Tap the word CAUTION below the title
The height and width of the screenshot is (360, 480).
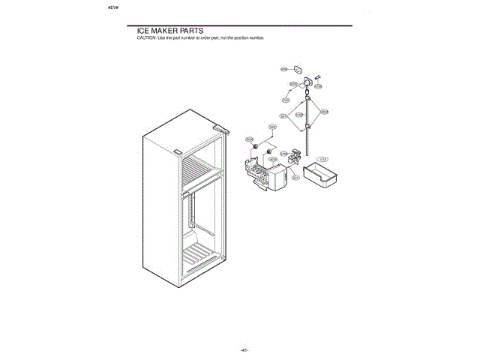[146, 37]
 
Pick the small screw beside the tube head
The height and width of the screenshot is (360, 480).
[318, 76]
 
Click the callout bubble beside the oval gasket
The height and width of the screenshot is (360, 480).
[284, 69]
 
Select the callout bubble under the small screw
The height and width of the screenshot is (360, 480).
[318, 86]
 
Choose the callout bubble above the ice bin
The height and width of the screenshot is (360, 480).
[323, 160]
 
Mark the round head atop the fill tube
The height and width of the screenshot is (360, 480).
[307, 82]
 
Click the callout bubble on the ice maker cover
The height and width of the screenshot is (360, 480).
[295, 177]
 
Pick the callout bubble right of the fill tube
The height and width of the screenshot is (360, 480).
[324, 112]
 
